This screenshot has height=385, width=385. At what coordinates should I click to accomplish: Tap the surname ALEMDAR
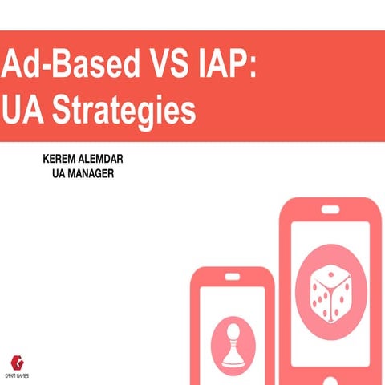click(111, 160)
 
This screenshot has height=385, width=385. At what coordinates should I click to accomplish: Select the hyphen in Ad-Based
click(37, 65)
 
